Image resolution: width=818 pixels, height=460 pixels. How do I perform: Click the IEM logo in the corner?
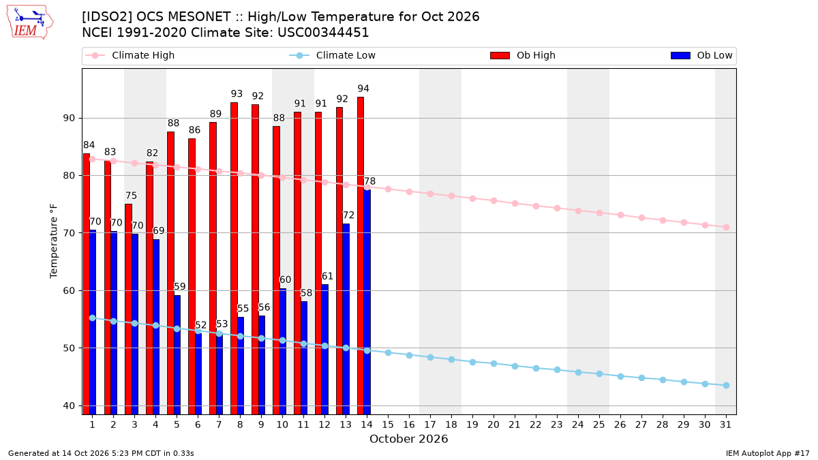(x=30, y=22)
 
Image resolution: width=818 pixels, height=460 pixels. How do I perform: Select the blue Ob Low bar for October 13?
(x=346, y=319)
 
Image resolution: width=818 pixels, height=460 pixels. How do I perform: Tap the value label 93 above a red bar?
(x=237, y=94)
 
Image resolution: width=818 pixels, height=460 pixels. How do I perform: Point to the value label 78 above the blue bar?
(x=369, y=181)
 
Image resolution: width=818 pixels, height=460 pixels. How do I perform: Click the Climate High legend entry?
(x=130, y=55)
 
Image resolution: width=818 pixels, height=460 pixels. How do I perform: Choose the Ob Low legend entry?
(x=701, y=55)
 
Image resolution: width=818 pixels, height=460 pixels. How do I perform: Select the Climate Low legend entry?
(x=332, y=55)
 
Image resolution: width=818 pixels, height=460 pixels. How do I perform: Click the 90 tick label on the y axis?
(x=69, y=119)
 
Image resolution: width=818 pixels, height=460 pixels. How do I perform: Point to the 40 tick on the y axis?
(x=69, y=405)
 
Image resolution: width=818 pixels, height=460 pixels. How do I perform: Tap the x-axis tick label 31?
(x=725, y=425)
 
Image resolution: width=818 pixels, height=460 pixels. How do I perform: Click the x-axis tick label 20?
(x=494, y=425)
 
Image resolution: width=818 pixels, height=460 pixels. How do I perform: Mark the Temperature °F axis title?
(x=54, y=241)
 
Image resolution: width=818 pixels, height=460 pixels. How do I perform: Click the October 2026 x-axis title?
(x=408, y=439)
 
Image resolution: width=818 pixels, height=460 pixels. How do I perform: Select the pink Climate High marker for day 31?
(x=726, y=227)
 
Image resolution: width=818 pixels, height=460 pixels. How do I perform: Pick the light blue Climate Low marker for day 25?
(x=599, y=374)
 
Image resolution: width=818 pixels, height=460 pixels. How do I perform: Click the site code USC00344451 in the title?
(x=323, y=33)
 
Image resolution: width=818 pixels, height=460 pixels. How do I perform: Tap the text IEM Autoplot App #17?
(x=768, y=453)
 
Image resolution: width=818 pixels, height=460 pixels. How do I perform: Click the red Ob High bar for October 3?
(x=128, y=309)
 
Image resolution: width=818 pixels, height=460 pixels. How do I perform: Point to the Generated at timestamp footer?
(x=101, y=453)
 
